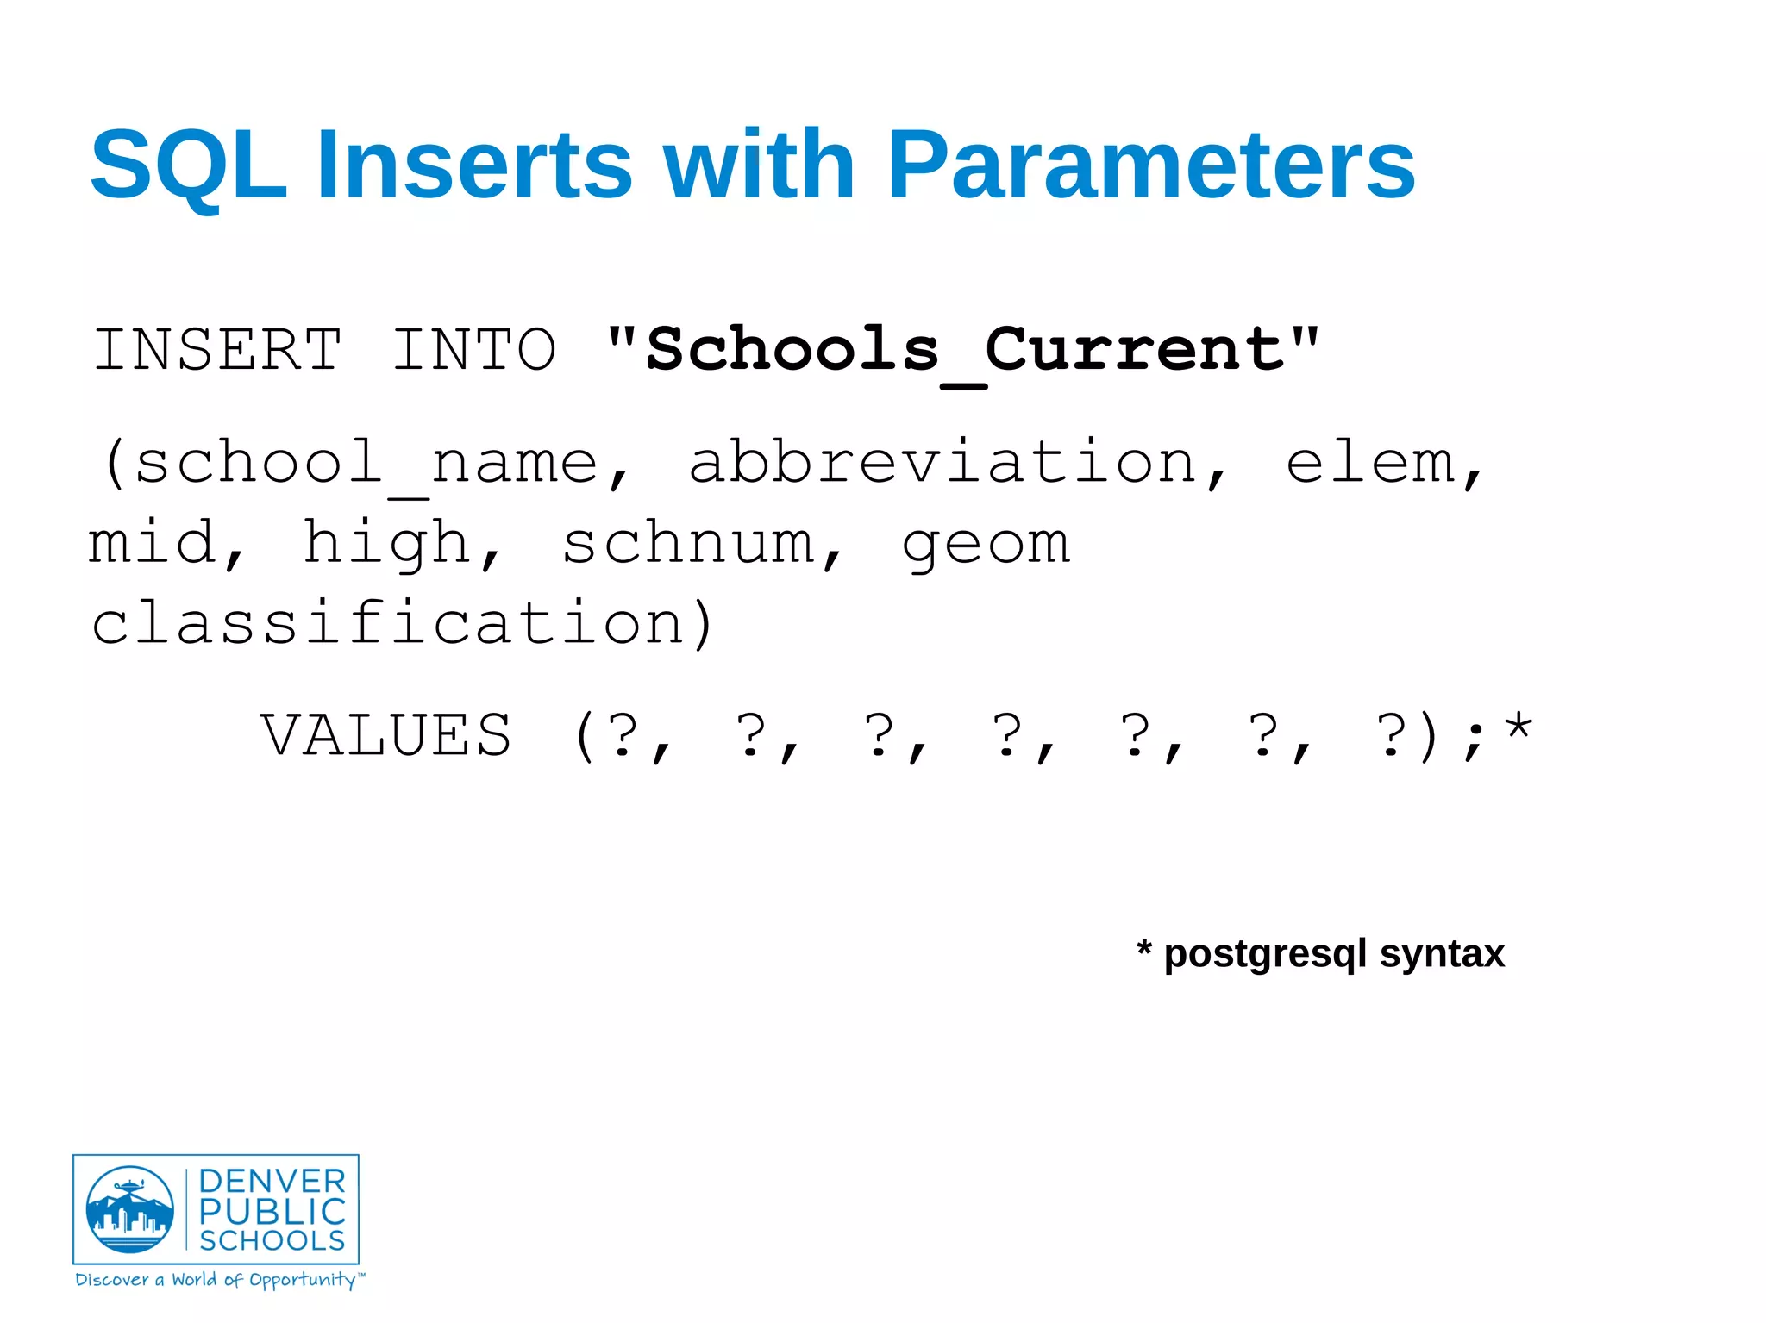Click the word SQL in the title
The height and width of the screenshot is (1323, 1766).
[x=188, y=165]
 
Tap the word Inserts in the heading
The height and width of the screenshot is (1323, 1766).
[x=474, y=165]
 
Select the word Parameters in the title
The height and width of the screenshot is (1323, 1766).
[x=1151, y=165]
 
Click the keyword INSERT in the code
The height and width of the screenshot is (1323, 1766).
[x=217, y=350]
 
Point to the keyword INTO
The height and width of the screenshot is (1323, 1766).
[x=474, y=350]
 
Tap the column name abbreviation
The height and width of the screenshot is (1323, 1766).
[x=944, y=462]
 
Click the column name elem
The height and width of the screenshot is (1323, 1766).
[x=1371, y=464]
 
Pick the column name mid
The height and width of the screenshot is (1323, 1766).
[x=152, y=543]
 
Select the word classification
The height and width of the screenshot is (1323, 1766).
[x=388, y=622]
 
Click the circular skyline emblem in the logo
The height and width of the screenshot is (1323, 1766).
[x=130, y=1209]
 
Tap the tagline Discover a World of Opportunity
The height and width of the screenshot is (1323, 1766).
[x=220, y=1280]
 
